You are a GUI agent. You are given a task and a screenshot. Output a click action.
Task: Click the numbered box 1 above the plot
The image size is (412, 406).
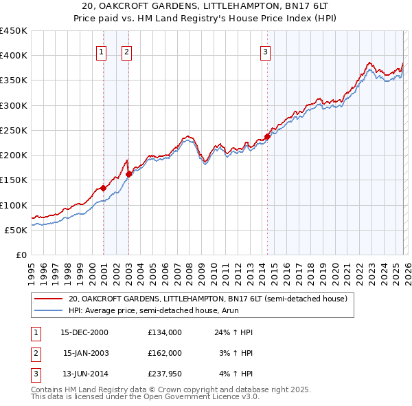pyautogui.click(x=102, y=50)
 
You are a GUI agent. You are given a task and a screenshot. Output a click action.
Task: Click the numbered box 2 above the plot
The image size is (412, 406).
pyautogui.click(x=128, y=50)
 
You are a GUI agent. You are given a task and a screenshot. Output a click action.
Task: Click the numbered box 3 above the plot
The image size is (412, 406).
pyautogui.click(x=266, y=50)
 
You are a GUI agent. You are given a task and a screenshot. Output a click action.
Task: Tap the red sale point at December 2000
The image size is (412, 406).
pyautogui.click(x=103, y=188)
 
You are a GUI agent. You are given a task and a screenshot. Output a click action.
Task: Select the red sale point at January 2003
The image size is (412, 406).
pyautogui.click(x=128, y=174)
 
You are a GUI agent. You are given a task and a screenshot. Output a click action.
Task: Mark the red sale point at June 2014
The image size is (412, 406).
pyautogui.click(x=267, y=136)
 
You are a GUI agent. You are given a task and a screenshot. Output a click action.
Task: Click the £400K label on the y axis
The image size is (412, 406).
pyautogui.click(x=14, y=56)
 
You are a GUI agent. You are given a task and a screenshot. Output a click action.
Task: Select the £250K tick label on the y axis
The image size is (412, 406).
pyautogui.click(x=14, y=130)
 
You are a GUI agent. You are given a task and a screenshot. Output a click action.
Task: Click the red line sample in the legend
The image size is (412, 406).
pyautogui.click(x=49, y=299)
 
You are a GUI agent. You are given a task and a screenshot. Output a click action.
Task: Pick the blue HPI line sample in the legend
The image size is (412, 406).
pyautogui.click(x=49, y=311)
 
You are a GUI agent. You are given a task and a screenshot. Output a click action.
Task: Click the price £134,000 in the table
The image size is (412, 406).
pyautogui.click(x=165, y=332)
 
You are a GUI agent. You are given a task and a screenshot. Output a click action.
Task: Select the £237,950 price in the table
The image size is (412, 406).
pyautogui.click(x=165, y=374)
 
